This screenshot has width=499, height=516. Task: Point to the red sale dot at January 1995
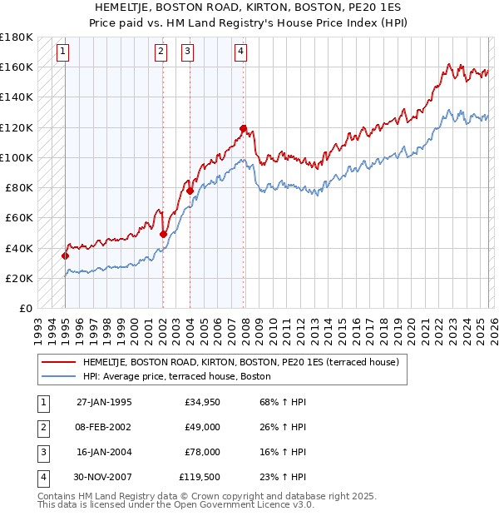tap(65, 256)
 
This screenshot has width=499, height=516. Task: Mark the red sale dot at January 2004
tap(190, 191)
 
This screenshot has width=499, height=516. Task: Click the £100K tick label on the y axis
tap(16, 157)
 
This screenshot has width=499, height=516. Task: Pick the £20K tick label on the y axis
tap(18, 278)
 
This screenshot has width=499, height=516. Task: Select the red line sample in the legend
tap(60, 362)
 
